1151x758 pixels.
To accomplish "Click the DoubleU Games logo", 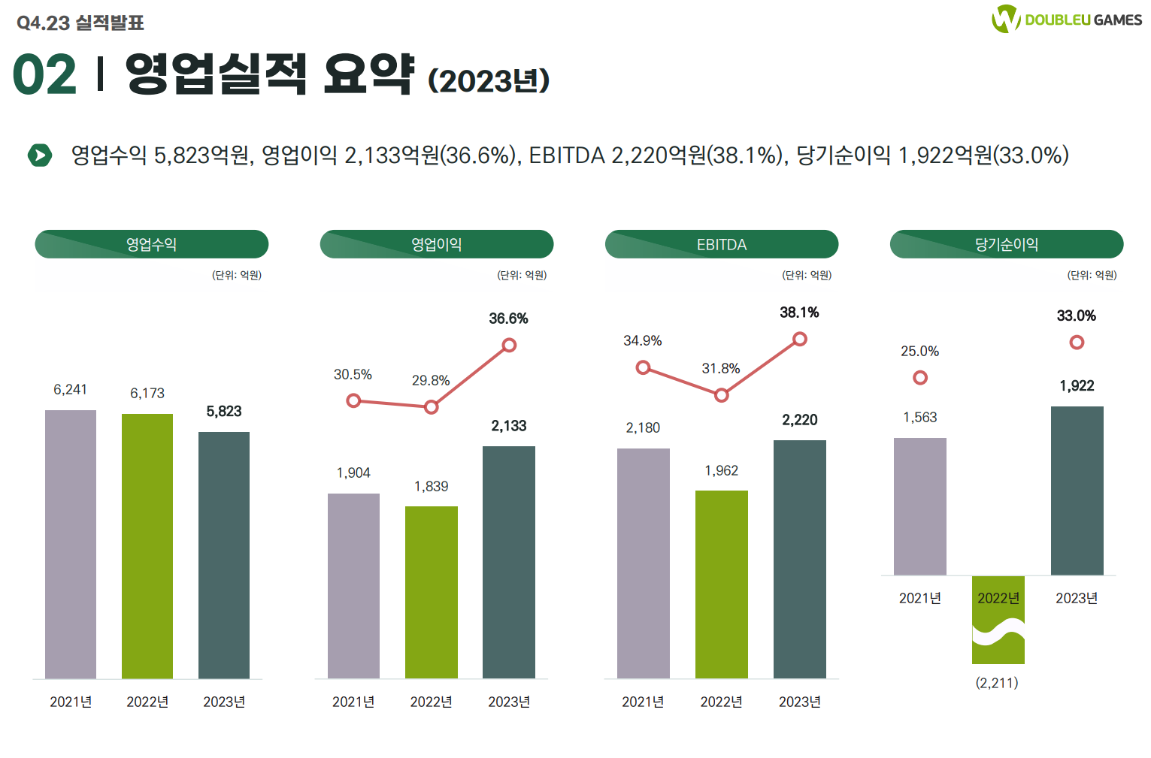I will tap(1066, 20).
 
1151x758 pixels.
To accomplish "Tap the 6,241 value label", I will tap(70, 389).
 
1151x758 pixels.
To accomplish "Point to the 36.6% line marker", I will tap(509, 345).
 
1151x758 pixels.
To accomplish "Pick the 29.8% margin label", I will tap(431, 380).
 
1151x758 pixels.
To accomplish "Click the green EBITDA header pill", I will tap(721, 244).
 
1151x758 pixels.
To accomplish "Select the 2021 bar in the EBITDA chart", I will tap(643, 563).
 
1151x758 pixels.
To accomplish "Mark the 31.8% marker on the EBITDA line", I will tap(721, 395).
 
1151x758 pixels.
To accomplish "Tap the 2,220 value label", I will tap(799, 420).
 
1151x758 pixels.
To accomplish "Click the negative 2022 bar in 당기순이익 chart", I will tap(998, 620).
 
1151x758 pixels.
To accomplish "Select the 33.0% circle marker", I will tap(1077, 343).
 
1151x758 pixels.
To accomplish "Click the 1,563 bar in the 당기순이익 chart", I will tap(919, 506).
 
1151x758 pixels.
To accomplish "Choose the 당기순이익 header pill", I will tap(1006, 244).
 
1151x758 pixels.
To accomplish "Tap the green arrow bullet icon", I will tap(39, 156).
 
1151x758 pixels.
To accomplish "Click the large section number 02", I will tap(44, 75).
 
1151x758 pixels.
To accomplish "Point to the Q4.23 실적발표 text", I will tap(80, 23).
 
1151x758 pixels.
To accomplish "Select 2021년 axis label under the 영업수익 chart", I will tap(71, 702).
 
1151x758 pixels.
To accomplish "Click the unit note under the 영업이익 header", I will tap(521, 275).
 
